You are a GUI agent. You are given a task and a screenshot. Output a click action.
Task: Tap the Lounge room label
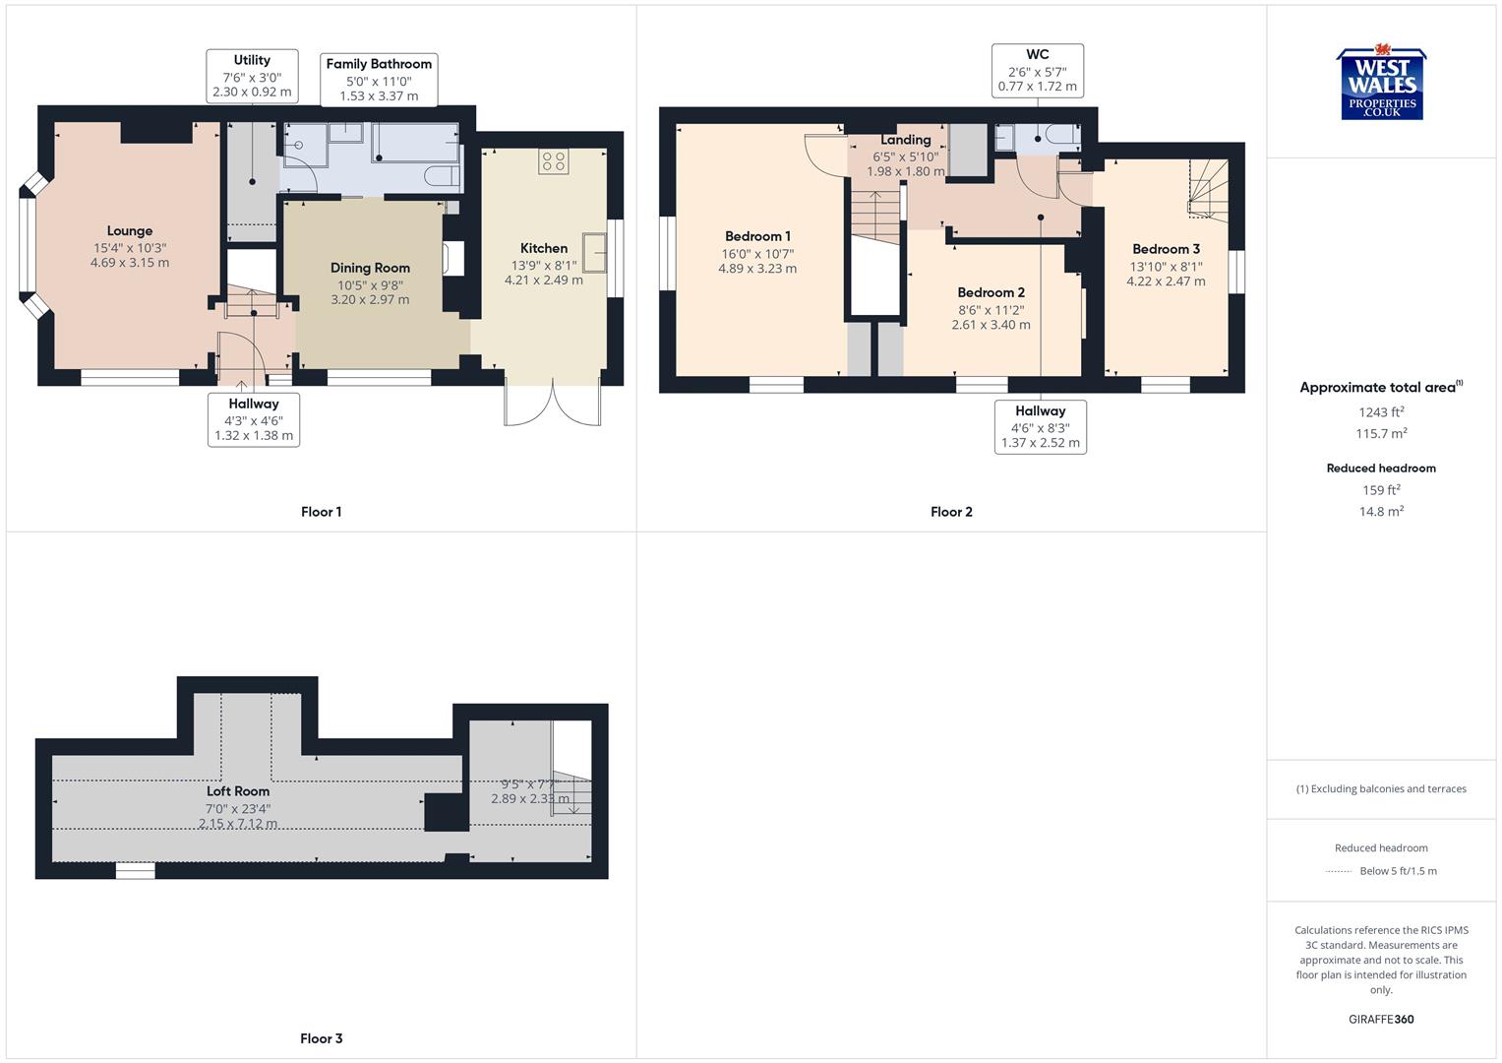(x=130, y=231)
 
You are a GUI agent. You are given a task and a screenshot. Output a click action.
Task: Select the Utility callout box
(x=252, y=76)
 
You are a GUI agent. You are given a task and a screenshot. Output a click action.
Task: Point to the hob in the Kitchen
(x=553, y=161)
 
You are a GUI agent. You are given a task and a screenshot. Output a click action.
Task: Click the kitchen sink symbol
(x=594, y=251)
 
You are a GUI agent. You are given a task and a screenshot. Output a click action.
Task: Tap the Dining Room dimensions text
(x=370, y=292)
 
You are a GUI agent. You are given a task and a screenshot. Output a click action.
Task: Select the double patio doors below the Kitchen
(x=552, y=404)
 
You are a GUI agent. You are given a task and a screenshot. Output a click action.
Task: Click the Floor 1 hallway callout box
(x=254, y=419)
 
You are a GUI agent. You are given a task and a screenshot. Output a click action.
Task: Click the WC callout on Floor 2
(x=1037, y=70)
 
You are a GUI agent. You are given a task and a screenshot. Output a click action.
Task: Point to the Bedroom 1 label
(x=757, y=236)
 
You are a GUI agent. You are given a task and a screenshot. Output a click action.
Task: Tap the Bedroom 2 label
(x=991, y=292)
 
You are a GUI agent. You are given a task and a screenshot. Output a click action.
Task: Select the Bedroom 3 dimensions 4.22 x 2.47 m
(x=1166, y=281)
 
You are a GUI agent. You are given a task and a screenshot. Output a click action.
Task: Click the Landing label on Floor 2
(x=905, y=140)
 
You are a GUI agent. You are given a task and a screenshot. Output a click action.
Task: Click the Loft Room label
(x=238, y=791)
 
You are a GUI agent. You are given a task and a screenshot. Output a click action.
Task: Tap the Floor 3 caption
(x=321, y=1038)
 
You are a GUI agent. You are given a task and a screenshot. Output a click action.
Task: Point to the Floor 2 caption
(x=951, y=512)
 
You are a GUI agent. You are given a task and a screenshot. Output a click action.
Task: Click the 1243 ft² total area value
(x=1381, y=412)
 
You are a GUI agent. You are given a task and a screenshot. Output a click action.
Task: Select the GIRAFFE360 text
(x=1381, y=1019)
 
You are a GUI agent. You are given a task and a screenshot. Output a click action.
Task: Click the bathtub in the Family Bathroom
(x=415, y=143)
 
